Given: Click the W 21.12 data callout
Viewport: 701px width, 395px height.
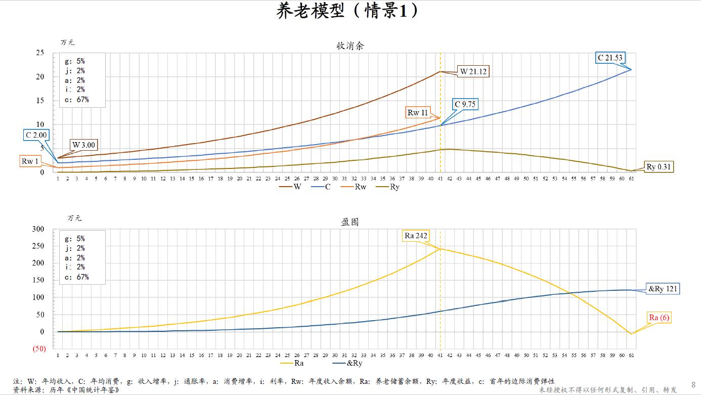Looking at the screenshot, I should point(472,71).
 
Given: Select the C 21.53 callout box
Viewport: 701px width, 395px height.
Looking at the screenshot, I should point(610,58).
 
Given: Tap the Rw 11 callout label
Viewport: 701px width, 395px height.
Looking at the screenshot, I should point(418,113).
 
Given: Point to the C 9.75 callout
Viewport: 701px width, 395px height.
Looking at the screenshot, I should point(465,105).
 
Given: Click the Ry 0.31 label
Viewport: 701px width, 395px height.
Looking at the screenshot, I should point(660,167).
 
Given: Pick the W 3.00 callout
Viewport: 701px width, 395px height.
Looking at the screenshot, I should point(83,145).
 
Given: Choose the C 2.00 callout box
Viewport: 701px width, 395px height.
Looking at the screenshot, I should point(36,135).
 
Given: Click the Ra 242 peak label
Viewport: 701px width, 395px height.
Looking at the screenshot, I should point(416,236).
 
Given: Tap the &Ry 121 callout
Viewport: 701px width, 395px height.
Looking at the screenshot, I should point(663,289).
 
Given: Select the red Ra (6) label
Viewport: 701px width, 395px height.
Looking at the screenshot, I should point(659,318).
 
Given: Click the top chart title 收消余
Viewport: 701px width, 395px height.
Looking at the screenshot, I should point(350,46).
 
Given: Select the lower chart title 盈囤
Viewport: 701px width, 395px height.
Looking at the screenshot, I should point(350,222).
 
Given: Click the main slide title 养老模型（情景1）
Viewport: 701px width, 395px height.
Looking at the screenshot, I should point(350,11).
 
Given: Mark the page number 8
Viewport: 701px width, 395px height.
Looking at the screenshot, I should point(693,385).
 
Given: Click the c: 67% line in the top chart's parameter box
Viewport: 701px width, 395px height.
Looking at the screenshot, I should point(76,100).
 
